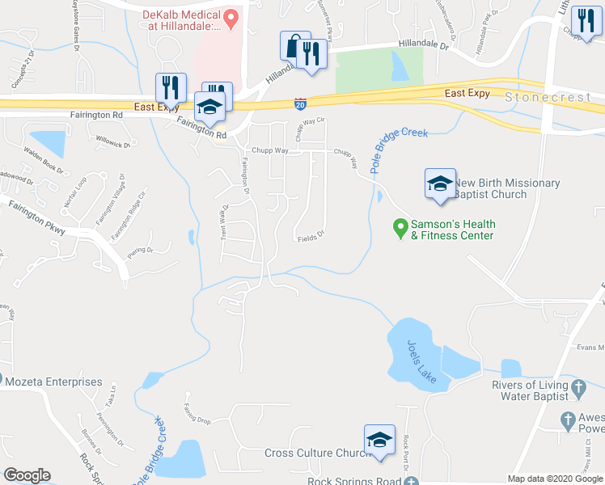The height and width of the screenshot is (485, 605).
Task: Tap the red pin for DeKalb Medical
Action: point(231,17)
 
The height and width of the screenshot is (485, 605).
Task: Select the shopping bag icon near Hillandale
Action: point(293,45)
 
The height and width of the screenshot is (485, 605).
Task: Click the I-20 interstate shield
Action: point(299,103)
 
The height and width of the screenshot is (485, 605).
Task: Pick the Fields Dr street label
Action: point(310,238)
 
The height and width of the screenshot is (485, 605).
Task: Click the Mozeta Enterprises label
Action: point(56,382)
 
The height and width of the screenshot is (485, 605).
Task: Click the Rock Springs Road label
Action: point(354,481)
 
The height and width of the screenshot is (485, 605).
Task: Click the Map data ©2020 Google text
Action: point(554,479)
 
